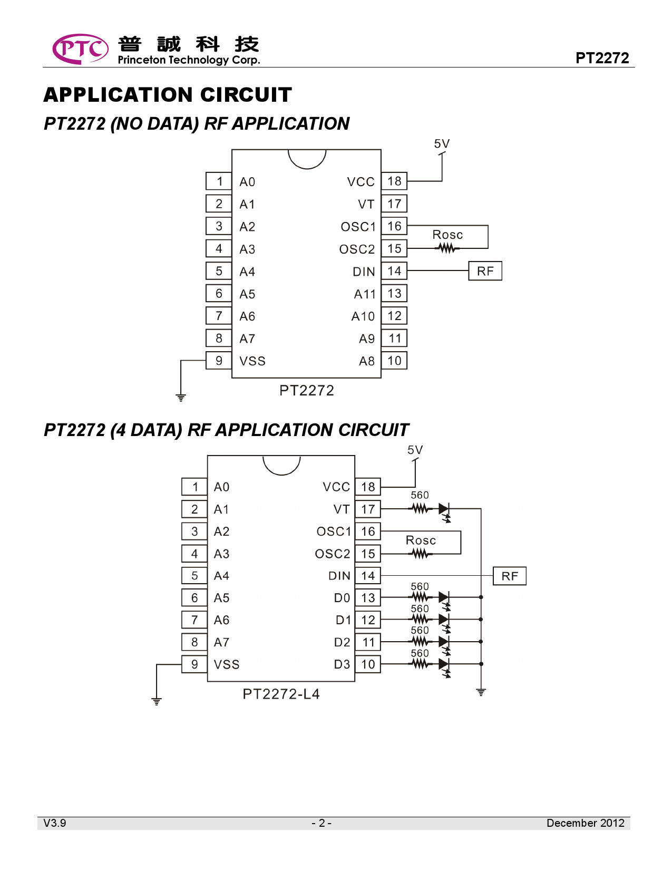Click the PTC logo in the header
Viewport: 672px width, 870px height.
pos(80,49)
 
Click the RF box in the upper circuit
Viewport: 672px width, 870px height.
pos(485,271)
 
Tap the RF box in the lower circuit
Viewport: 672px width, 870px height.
pos(510,576)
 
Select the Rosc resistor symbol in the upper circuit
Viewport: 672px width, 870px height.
pos(447,248)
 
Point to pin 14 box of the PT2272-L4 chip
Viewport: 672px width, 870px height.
pos(368,576)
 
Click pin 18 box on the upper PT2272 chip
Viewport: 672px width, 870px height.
pos(394,181)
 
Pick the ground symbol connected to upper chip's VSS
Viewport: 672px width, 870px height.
pos(181,397)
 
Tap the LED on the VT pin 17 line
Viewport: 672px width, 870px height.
pos(444,509)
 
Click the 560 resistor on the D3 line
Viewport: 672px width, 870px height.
pos(420,664)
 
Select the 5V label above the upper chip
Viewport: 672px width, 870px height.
pos(442,144)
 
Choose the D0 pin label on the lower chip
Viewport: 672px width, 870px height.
pos(342,598)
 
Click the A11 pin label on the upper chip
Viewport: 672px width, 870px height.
pos(365,294)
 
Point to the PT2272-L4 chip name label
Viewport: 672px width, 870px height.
pos(281,694)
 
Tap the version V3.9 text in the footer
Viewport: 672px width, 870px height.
pos(55,823)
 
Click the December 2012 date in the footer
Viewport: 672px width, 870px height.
pos(585,823)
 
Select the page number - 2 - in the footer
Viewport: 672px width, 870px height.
pos(322,823)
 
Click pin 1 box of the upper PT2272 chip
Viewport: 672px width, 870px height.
pos(219,181)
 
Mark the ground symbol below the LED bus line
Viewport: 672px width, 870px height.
pos(481,692)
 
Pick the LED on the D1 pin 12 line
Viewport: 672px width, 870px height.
pos(444,620)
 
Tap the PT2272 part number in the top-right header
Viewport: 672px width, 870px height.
pos(602,57)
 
